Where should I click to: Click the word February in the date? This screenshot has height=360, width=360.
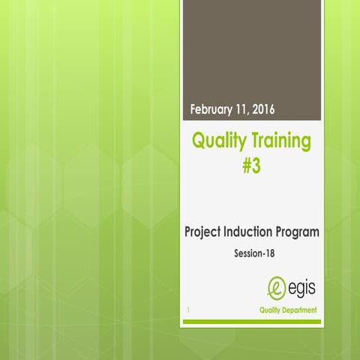(212, 109)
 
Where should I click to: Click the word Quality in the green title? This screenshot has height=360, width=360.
(219, 141)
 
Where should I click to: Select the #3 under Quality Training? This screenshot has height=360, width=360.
(251, 164)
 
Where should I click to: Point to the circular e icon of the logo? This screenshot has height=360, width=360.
(277, 287)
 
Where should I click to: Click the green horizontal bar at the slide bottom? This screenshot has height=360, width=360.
(251, 322)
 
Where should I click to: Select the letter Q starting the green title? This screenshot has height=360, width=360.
(199, 141)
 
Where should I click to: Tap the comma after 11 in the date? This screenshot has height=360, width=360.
(249, 112)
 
